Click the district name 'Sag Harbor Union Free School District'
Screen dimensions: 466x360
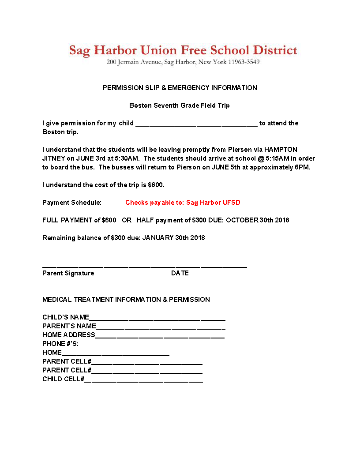183,50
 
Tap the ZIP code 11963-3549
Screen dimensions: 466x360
244,62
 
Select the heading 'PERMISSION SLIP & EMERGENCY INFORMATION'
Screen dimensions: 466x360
180,88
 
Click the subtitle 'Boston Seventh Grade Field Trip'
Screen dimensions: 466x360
180,105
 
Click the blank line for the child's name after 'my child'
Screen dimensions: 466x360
196,124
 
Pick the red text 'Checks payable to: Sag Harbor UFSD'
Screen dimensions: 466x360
183,203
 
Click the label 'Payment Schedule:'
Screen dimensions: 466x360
72,203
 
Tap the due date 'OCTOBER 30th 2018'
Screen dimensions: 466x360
258,220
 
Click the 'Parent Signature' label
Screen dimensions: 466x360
68,273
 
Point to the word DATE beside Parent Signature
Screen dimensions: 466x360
180,273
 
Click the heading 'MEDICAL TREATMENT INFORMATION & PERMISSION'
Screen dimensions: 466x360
126,300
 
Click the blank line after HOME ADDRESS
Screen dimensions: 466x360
160,336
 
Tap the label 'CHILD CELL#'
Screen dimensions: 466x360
63,379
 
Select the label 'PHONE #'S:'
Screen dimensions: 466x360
60,344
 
